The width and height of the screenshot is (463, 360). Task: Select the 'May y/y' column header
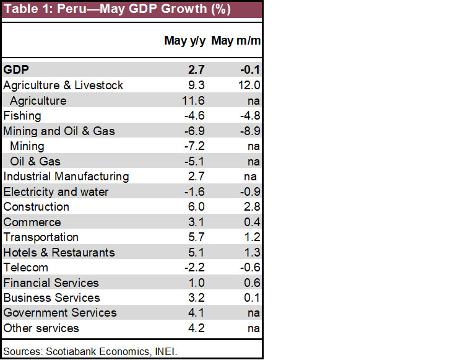tap(184, 41)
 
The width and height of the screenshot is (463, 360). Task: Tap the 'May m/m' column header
tap(236, 41)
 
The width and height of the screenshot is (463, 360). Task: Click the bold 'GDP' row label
tap(16, 70)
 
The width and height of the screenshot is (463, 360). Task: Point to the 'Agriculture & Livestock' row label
tap(63, 86)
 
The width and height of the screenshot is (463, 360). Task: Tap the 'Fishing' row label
tap(22, 116)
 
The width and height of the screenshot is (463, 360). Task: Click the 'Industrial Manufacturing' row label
tap(66, 177)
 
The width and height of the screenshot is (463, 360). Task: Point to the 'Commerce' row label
tap(32, 222)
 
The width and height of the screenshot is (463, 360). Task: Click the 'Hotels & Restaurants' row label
tap(59, 252)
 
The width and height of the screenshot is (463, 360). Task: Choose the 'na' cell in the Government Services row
tap(253, 313)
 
